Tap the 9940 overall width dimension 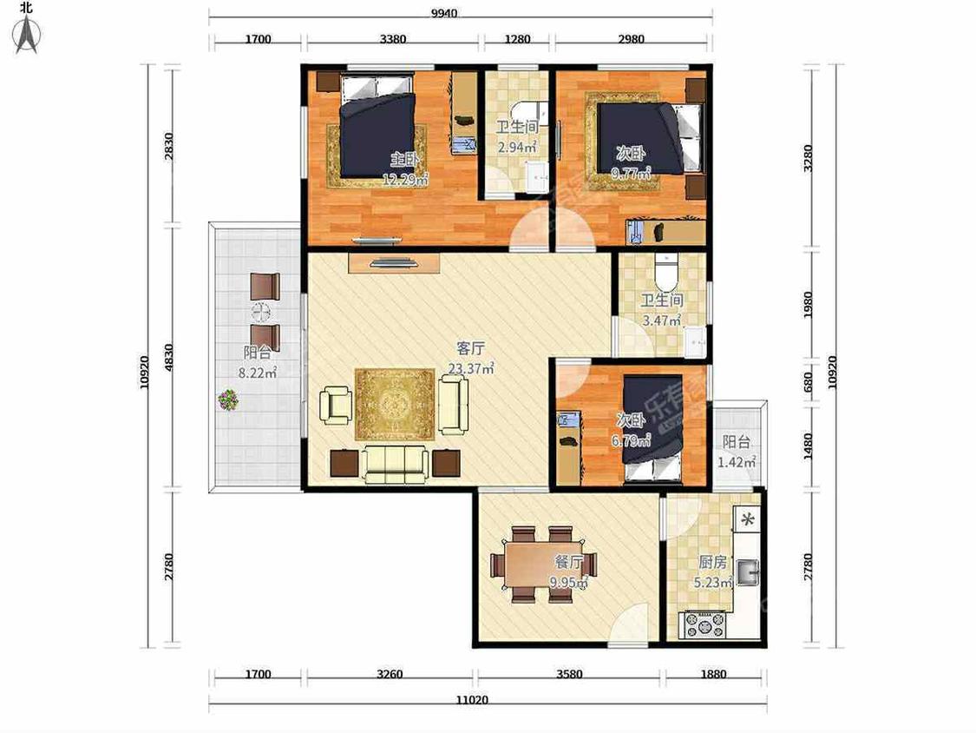[444, 13]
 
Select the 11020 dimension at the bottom [472, 699]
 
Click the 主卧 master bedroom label [405, 159]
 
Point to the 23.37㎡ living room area [471, 368]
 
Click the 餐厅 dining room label [568, 562]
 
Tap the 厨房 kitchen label [713, 562]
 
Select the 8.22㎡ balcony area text [258, 373]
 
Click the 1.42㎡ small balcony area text [737, 463]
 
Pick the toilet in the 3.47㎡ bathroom [665, 269]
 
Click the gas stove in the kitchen [704, 624]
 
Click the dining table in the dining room [543, 565]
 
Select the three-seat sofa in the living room [396, 465]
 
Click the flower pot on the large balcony [228, 400]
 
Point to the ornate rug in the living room [395, 405]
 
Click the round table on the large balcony [261, 312]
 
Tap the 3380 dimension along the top [393, 38]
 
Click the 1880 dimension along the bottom [713, 674]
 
